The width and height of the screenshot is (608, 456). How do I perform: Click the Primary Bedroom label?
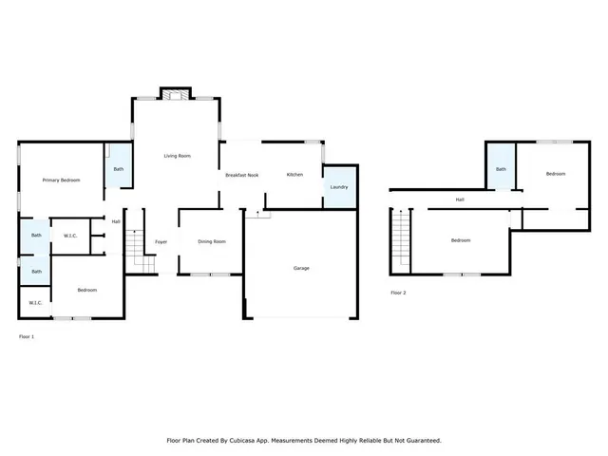coord(60,180)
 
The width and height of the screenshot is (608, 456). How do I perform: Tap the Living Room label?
coord(177,156)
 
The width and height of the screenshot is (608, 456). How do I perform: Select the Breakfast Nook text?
coord(242,176)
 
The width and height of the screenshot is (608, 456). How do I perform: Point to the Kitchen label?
coord(295,175)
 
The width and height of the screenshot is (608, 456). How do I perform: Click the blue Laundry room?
coord(339,187)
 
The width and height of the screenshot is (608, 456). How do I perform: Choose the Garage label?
coord(300,268)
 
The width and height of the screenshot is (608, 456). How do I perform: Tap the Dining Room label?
coord(212,241)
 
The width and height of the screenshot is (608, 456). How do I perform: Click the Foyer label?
coord(161,241)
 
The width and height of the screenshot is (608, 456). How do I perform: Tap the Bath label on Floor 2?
coord(501,169)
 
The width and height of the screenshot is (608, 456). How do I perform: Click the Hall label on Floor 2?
coord(460,199)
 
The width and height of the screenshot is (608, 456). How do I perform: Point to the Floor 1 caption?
coord(27,336)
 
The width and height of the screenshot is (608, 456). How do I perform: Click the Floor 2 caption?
coord(398,293)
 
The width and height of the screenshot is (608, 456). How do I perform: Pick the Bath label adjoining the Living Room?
coord(119,169)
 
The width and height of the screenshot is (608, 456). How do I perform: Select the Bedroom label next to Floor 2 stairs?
coord(460,240)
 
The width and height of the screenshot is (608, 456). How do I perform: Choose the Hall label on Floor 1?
coord(116,221)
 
